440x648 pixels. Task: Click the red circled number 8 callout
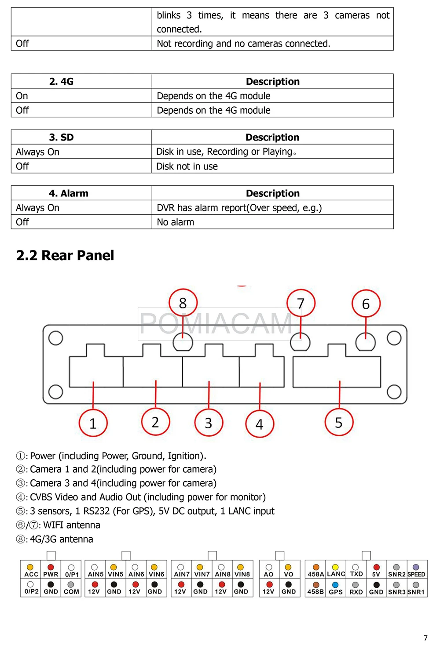(x=183, y=303)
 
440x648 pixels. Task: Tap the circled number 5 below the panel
(x=339, y=422)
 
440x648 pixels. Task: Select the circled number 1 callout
(x=93, y=423)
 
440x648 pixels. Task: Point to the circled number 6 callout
(x=366, y=304)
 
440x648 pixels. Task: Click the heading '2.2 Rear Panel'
(x=65, y=255)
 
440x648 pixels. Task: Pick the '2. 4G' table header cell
(x=62, y=81)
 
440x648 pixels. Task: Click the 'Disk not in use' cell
(x=187, y=166)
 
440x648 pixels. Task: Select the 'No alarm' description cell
(x=176, y=222)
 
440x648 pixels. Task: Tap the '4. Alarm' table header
(x=69, y=193)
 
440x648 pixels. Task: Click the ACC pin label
(x=31, y=574)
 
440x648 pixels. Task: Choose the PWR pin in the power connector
(x=51, y=574)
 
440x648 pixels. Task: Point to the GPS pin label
(x=336, y=591)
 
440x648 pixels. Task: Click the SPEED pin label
(x=416, y=574)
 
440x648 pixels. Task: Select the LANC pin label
(x=336, y=574)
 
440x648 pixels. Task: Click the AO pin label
(x=268, y=574)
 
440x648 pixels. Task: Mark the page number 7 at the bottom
(x=425, y=638)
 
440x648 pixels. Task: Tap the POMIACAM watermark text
(x=216, y=324)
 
